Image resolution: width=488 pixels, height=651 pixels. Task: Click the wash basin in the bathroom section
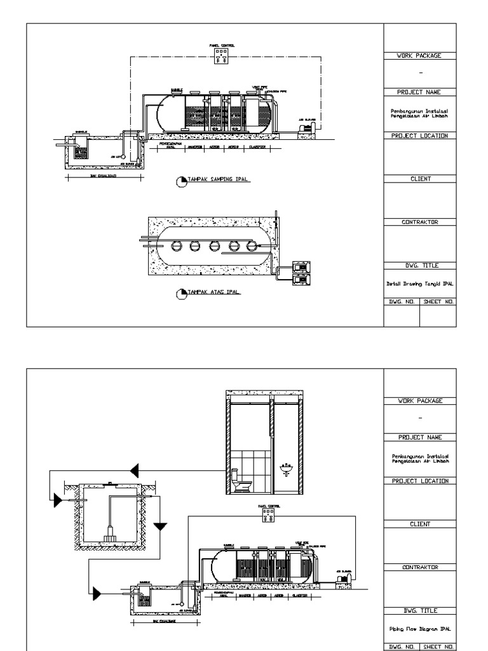pos(286,470)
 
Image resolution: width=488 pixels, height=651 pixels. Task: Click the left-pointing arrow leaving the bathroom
pos(134,471)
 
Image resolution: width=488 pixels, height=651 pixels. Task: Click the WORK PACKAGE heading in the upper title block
pos(420,56)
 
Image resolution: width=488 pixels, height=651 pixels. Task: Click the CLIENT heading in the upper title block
pos(420,179)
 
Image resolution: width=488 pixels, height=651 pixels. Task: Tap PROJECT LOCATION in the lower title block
pos(420,481)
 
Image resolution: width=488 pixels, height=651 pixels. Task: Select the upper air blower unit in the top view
pos(300,267)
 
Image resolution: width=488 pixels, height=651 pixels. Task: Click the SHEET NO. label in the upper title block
pos(438,303)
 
